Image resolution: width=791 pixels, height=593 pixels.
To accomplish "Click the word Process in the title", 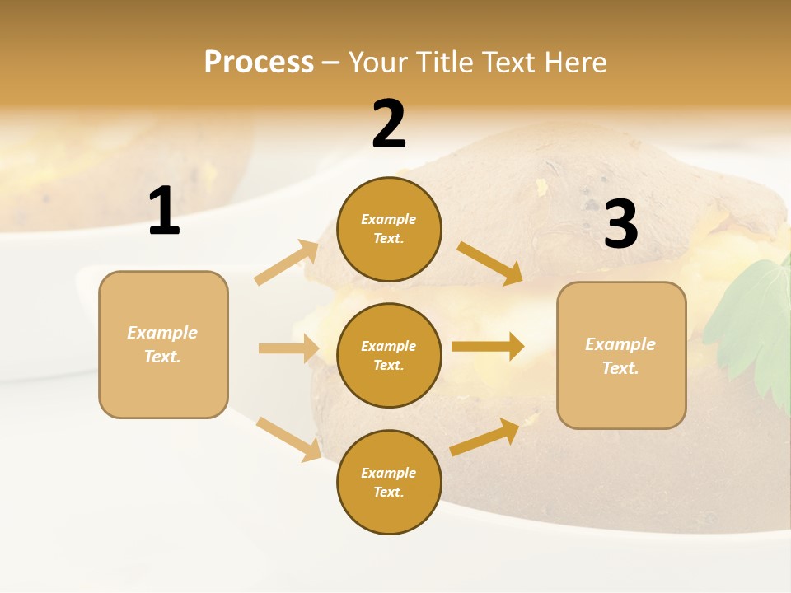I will [x=259, y=63].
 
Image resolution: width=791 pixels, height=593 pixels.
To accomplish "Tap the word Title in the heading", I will [x=445, y=63].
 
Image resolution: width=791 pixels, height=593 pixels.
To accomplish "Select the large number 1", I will [x=164, y=212].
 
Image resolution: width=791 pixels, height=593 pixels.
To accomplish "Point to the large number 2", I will [x=389, y=124].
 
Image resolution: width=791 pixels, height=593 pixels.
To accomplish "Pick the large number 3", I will [x=621, y=224].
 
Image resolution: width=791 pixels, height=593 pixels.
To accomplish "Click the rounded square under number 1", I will [x=163, y=344].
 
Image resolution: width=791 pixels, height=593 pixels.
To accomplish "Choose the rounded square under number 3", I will [x=621, y=355].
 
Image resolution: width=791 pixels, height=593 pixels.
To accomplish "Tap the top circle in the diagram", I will [x=389, y=229].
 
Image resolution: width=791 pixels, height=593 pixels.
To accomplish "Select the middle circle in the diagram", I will [x=389, y=355].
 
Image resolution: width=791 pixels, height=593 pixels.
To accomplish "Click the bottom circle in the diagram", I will [x=389, y=482].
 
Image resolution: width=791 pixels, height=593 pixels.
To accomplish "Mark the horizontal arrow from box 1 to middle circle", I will [x=288, y=348].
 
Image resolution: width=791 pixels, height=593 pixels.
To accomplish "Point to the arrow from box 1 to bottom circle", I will [x=289, y=439].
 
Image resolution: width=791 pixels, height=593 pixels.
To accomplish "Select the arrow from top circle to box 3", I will [x=489, y=263].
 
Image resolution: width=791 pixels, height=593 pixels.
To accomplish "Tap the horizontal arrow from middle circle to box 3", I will [x=488, y=347].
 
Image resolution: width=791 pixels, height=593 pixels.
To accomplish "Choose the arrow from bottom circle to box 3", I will [x=485, y=437].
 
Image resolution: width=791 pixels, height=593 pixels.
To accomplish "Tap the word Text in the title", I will [x=509, y=63].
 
